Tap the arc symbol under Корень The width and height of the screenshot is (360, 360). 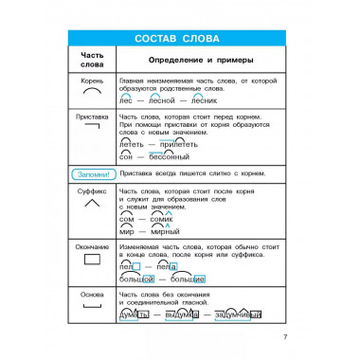(x=92, y=95)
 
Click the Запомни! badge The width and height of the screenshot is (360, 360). (x=92, y=174)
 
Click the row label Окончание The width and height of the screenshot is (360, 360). (x=92, y=245)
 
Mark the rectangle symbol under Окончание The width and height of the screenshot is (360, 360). (x=92, y=259)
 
